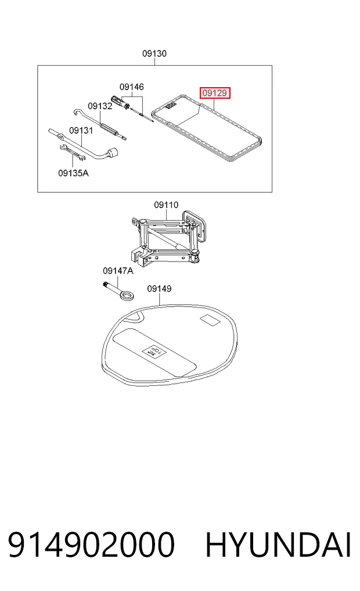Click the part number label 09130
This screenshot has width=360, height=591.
pos(154,53)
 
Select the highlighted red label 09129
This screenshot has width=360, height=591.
pos(215,93)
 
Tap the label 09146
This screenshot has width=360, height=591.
pos(131,87)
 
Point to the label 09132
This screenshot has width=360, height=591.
pos(100,106)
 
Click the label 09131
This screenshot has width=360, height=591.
pos(81,130)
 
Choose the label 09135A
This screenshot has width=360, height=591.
pos(73,173)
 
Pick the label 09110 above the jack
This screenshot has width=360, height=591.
pos(166,205)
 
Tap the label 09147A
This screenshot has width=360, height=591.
pos(118,271)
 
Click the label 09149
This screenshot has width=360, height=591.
pos(159,289)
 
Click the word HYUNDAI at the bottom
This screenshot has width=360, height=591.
pos(279,545)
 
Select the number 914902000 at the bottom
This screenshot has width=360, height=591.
pos(92,545)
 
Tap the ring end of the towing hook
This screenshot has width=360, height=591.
pos(127,295)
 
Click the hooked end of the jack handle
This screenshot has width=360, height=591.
pos(77,111)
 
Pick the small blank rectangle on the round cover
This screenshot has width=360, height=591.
pos(210,320)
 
